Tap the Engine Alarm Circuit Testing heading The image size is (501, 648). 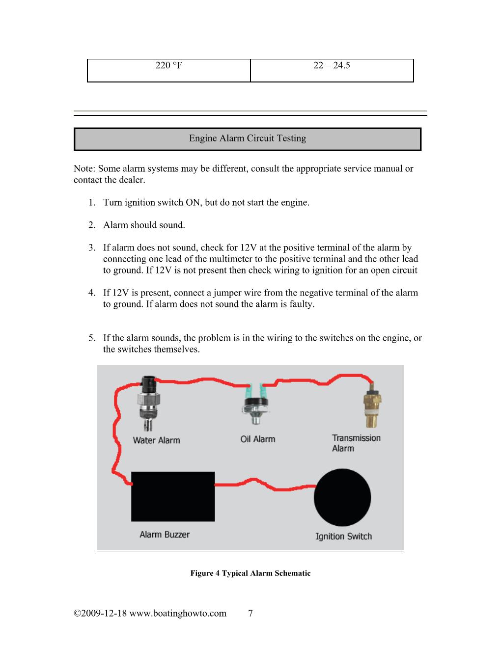(247, 139)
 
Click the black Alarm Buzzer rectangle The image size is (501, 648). (172, 496)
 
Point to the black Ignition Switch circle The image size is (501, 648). (342, 497)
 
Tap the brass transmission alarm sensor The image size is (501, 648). (372, 407)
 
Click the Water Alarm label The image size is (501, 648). (156, 440)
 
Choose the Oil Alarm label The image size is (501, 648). (257, 439)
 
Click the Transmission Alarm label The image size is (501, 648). (356, 443)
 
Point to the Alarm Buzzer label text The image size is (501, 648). (164, 535)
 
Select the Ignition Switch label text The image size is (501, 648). (343, 537)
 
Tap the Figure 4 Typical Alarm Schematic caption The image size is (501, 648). (250, 573)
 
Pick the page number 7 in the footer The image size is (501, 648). (250, 614)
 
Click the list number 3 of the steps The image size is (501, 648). (92, 248)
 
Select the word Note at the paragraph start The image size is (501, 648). (83, 169)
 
